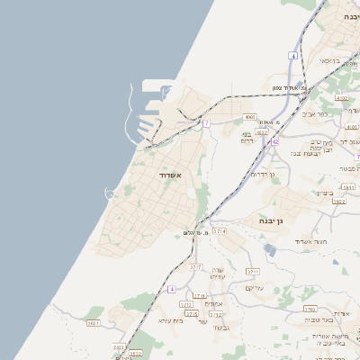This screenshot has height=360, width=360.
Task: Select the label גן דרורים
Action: point(263,174)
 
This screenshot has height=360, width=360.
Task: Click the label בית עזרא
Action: point(170,319)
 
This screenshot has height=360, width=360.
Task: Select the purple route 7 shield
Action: point(206,122)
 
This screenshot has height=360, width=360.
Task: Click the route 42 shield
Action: point(275,141)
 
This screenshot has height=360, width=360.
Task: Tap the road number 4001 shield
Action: point(250,117)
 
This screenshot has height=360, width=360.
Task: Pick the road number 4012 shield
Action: point(262,132)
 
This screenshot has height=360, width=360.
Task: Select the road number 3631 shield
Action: point(93,323)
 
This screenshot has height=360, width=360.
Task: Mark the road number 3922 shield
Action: point(338,202)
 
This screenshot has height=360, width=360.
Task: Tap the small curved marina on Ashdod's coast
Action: point(111,193)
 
